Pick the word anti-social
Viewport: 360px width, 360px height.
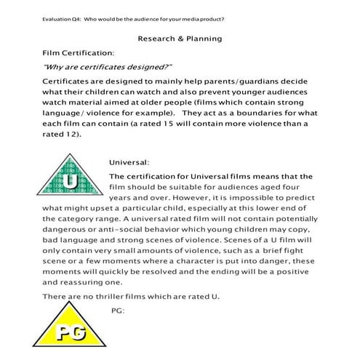[116, 228]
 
